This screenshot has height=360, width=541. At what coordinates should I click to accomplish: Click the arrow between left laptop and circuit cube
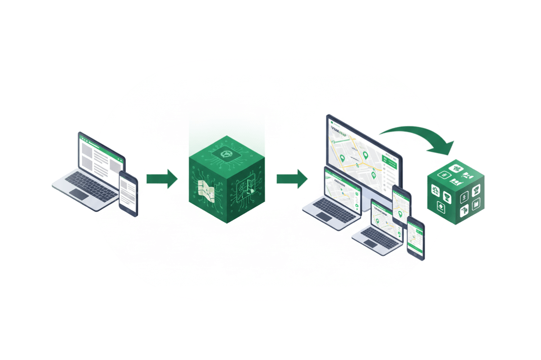click(161, 179)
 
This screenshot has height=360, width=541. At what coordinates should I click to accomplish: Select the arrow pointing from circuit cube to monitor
click(291, 179)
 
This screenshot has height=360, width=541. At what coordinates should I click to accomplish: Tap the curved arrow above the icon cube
click(419, 136)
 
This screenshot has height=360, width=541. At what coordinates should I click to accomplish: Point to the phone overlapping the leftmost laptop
click(128, 193)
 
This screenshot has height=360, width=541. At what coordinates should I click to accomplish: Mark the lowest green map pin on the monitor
click(374, 174)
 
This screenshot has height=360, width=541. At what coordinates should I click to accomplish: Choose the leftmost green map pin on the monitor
click(343, 158)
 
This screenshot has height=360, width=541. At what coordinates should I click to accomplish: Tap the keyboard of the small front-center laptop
click(378, 235)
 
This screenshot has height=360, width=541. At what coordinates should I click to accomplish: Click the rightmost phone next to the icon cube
click(415, 237)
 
